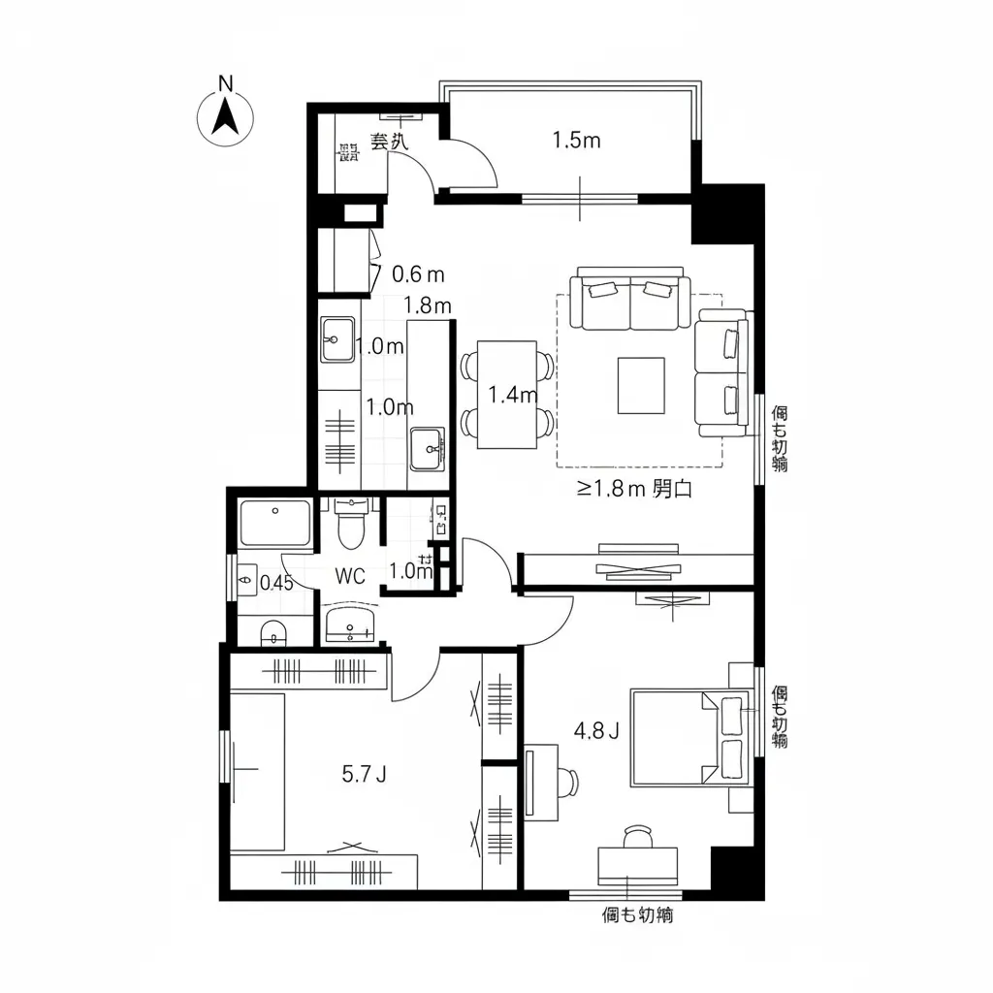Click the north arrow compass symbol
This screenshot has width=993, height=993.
point(226,117)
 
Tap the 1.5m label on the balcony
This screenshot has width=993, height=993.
point(576,141)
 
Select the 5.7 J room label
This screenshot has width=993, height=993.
point(365,774)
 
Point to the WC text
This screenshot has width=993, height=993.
point(350,576)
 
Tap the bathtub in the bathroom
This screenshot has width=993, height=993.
point(274,524)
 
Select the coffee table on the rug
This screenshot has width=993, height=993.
point(641,385)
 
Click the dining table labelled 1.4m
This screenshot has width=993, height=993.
point(508,395)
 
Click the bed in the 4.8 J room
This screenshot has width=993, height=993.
point(690,737)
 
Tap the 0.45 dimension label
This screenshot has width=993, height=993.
point(276,583)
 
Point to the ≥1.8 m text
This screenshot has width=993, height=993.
point(611,489)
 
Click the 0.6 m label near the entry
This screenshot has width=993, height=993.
point(418,274)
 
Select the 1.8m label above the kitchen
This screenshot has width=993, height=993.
point(428,305)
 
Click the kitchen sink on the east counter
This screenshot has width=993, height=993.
point(427,449)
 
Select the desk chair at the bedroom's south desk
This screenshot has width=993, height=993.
point(637,836)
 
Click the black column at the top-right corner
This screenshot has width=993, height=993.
point(726,213)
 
